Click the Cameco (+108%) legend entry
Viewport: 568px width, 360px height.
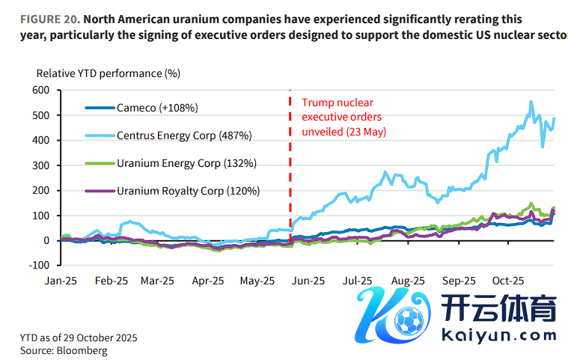(x=156, y=108)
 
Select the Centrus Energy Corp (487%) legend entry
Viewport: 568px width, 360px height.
(x=184, y=135)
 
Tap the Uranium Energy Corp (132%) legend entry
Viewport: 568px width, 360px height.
(x=186, y=163)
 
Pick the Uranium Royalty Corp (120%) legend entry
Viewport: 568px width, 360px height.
(x=188, y=191)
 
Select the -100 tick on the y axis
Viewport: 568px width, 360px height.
(x=38, y=265)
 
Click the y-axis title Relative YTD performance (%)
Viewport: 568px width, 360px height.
(x=109, y=73)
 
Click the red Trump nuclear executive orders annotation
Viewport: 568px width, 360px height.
(x=343, y=117)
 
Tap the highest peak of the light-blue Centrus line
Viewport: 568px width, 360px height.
(x=531, y=102)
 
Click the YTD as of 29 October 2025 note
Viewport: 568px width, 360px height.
(x=79, y=338)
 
